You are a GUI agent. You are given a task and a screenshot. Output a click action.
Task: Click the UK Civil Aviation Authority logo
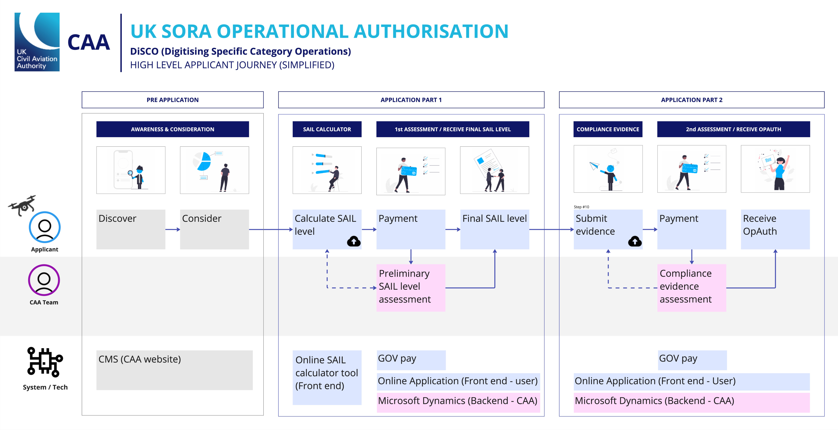click(37, 42)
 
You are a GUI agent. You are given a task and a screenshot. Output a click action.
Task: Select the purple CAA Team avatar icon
click(44, 280)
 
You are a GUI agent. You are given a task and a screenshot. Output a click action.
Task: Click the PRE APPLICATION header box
click(172, 100)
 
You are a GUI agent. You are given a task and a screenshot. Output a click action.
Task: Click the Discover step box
click(131, 229)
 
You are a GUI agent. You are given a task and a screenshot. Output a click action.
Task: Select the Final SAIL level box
click(494, 229)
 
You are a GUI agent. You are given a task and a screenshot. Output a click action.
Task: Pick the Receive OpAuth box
click(775, 229)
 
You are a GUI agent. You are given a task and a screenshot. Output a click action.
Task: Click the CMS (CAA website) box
click(174, 370)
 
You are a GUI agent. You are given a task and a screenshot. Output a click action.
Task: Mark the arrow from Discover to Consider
click(172, 229)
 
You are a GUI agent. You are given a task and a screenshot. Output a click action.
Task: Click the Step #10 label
click(581, 207)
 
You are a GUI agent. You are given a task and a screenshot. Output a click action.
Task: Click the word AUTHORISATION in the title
click(431, 31)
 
